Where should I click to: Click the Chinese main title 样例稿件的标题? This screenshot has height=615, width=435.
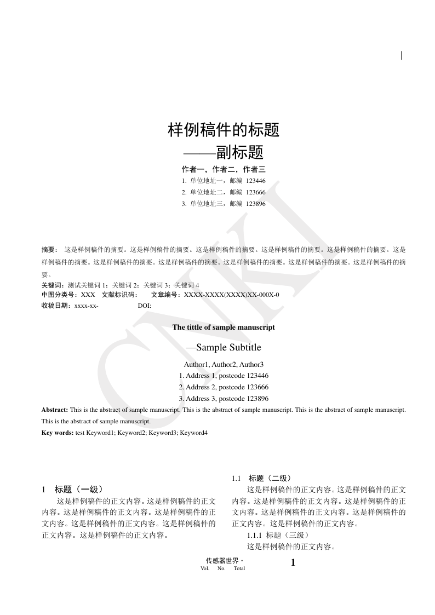pos(224,130)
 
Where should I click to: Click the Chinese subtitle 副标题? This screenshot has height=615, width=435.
pos(240,152)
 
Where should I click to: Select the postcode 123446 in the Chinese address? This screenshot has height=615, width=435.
pos(256,181)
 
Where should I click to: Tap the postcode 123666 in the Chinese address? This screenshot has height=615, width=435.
pos(256,192)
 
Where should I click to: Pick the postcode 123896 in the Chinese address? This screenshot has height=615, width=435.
pos(256,204)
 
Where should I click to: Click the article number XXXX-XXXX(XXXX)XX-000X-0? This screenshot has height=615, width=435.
pos(231,295)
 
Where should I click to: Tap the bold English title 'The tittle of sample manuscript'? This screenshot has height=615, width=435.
pos(224,327)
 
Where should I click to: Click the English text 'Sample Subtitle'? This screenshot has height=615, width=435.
pos(228,347)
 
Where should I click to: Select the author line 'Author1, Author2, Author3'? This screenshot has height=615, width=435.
pos(224,364)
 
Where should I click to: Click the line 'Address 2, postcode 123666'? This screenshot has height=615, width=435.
pos(224,387)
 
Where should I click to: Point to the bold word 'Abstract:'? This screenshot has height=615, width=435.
pos(55,410)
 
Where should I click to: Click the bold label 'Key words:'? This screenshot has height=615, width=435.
pos(58,433)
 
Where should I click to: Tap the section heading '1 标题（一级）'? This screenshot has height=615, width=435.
pos(72,489)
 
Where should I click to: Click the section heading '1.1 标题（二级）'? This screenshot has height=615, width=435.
pos(265,478)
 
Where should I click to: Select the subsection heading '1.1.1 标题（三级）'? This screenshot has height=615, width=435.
pos(279,535)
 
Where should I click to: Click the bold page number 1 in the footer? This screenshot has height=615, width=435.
pos(293,562)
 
